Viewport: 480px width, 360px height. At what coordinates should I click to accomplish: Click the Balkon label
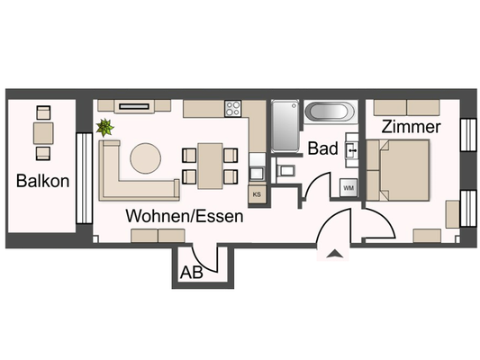42,181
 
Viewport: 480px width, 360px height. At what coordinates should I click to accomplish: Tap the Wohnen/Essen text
184,217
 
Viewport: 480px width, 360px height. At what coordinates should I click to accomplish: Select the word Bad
322,149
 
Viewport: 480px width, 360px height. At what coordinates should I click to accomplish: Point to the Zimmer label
411,127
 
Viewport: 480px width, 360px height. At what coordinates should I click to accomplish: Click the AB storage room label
190,271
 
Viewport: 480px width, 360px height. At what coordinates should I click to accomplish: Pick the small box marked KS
257,193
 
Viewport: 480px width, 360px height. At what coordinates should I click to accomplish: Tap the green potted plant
107,128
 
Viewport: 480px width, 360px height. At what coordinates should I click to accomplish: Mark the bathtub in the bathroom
331,112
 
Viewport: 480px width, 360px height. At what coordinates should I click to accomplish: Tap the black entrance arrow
334,255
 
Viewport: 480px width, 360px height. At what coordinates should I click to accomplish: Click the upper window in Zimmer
466,137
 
